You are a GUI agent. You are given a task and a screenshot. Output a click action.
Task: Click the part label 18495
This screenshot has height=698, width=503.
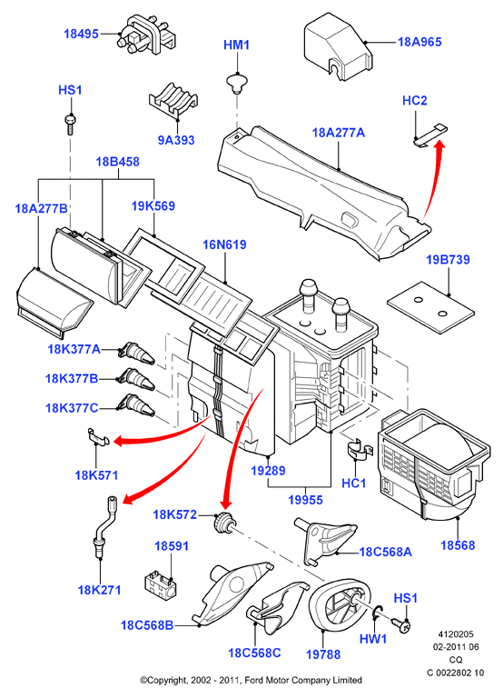pyautogui.click(x=81, y=34)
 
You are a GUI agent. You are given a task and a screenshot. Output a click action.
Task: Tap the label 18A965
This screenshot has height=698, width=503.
pyautogui.click(x=419, y=42)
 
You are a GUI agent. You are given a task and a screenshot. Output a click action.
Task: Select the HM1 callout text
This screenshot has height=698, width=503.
pyautogui.click(x=236, y=45)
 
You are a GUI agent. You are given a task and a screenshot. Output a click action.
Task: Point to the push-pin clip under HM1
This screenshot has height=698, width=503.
pyautogui.click(x=237, y=85)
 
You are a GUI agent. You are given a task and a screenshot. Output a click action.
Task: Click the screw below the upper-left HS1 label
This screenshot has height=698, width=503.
pyautogui.click(x=70, y=125)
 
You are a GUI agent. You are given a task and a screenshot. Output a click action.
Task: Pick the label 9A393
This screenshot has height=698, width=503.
pyautogui.click(x=176, y=140)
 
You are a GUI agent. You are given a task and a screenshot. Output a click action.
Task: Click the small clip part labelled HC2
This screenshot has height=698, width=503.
pyautogui.click(x=430, y=135)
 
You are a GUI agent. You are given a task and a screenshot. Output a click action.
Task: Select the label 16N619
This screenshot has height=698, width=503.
pyautogui.click(x=224, y=244)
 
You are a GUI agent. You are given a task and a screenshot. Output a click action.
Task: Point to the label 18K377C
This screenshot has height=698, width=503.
pyautogui.click(x=72, y=408)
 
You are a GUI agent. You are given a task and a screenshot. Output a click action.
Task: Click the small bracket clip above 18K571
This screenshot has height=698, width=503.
pyautogui.click(x=98, y=436)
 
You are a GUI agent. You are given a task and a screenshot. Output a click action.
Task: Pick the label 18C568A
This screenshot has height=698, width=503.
pyautogui.click(x=385, y=552)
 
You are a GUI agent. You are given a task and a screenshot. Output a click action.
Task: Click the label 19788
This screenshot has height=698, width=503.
pyautogui.click(x=323, y=654)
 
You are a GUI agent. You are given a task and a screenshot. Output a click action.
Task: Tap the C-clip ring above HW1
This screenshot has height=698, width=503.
pyautogui.click(x=377, y=614)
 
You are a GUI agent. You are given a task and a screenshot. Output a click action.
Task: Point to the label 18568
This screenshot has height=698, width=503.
pyautogui.click(x=458, y=545)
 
